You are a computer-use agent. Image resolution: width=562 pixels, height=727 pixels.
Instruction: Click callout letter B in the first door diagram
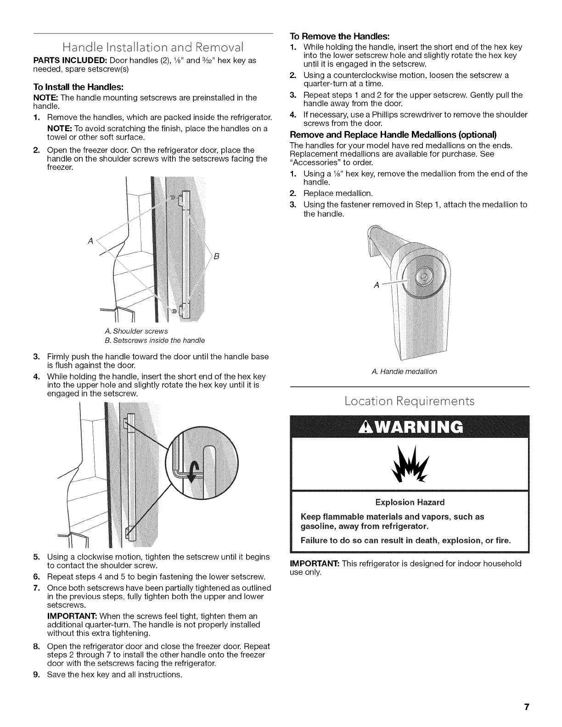point(219,257)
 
